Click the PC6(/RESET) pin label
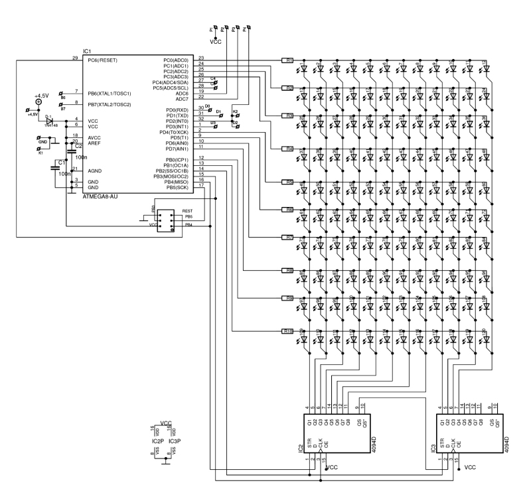102,60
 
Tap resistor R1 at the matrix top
289,60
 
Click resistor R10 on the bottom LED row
289,331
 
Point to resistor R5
289,182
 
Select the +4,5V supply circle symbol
39,102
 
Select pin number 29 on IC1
75,58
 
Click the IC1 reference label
87,51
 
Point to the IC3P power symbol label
175,441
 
